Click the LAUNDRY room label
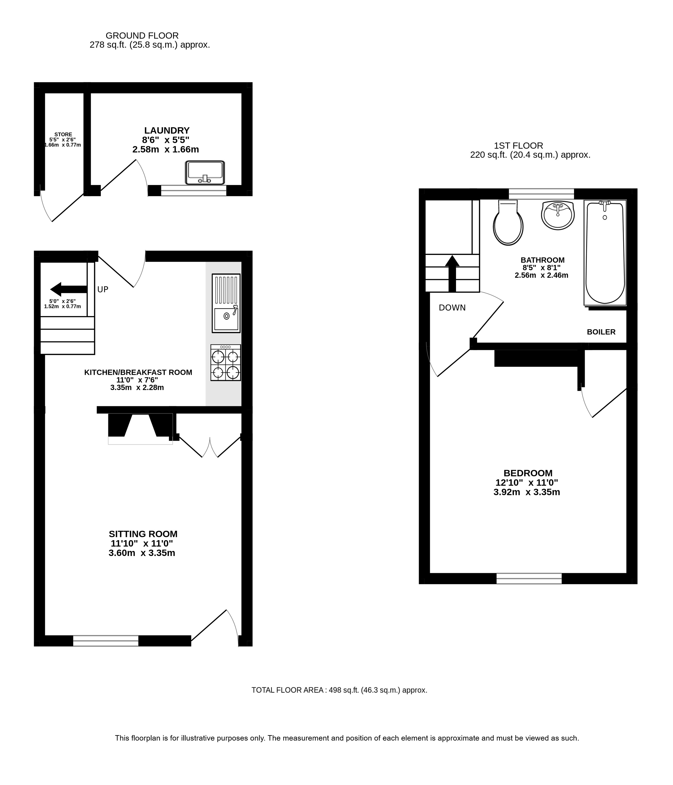click(x=167, y=131)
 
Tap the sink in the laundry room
click(x=205, y=173)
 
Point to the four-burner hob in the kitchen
click(x=226, y=363)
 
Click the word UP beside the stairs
click(x=103, y=290)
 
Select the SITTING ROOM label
click(x=143, y=534)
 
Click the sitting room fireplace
click(x=141, y=429)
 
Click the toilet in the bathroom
click(x=508, y=223)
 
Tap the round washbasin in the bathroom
click(x=558, y=215)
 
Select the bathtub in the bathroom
click(x=605, y=252)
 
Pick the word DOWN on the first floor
click(x=452, y=308)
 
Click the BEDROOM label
click(x=528, y=473)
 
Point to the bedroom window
click(x=529, y=579)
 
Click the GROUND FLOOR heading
click(x=142, y=36)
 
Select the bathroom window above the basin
click(x=542, y=193)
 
